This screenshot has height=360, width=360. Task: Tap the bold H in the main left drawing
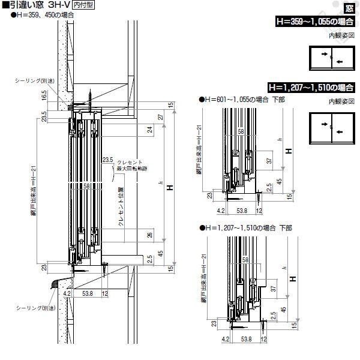[x=170, y=188]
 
